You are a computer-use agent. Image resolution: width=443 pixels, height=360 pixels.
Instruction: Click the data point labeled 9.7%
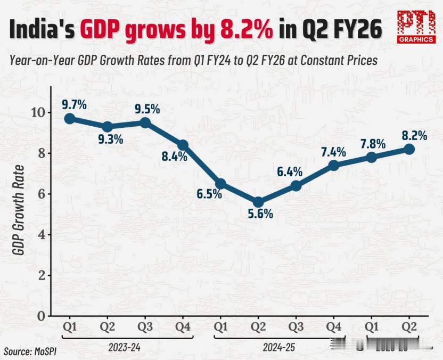pyautogui.click(x=69, y=118)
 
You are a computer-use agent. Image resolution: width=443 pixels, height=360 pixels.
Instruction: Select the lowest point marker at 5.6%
pyautogui.click(x=258, y=202)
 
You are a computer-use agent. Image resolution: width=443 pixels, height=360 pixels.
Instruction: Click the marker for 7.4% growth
pyautogui.click(x=333, y=165)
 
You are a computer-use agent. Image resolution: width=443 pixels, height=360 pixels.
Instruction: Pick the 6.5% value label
pyautogui.click(x=209, y=194)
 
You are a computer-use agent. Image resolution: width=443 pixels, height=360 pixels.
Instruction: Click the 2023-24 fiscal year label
pyautogui.click(x=125, y=347)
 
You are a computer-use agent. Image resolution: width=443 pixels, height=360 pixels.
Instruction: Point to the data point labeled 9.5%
pyautogui.click(x=144, y=122)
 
